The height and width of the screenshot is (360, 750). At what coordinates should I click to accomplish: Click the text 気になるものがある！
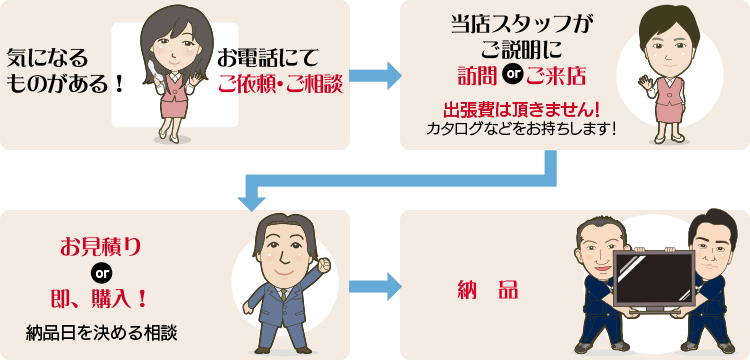(66, 72)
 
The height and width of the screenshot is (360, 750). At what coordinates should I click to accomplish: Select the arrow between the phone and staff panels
(375, 75)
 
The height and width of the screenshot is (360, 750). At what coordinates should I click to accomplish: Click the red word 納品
(485, 290)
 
